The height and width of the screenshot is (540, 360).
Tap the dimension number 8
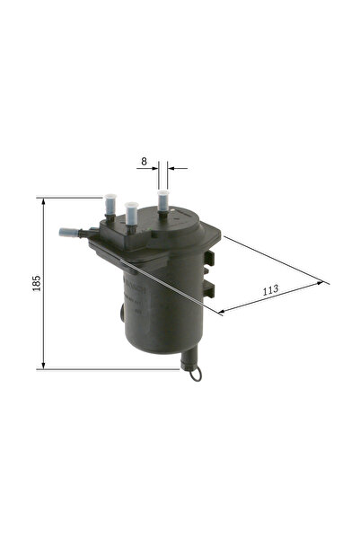(x=144, y=163)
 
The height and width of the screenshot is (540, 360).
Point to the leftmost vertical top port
(x=110, y=205)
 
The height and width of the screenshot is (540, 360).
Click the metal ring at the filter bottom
(x=196, y=373)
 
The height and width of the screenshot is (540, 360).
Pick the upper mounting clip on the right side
(x=210, y=261)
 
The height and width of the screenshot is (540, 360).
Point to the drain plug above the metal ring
(x=189, y=359)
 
